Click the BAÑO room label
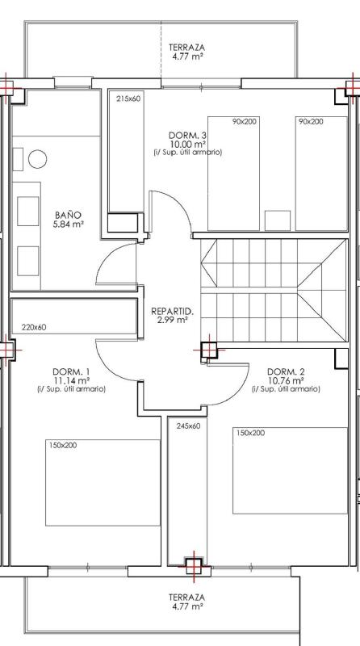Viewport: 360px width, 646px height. [68, 215]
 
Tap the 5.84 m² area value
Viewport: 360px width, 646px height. [69, 224]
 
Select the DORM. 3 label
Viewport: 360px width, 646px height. [187, 135]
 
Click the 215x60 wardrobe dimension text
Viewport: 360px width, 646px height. [128, 99]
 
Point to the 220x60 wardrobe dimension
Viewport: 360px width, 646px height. [34, 328]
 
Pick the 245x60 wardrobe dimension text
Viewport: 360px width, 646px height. [188, 426]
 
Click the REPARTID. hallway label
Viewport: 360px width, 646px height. [172, 311]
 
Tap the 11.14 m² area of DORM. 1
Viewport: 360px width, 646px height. [72, 380]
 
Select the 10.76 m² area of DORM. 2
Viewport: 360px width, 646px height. [286, 380]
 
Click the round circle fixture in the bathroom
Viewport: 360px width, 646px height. [37, 159]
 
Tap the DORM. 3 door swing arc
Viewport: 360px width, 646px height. [179, 204]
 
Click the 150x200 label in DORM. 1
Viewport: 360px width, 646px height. [63, 446]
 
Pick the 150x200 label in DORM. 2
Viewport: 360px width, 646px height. [250, 433]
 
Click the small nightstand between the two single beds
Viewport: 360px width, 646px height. [278, 220]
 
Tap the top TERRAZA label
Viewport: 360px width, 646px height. [186, 48]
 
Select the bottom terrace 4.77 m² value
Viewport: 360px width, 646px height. [186, 606]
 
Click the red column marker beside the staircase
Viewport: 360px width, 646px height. [209, 350]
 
